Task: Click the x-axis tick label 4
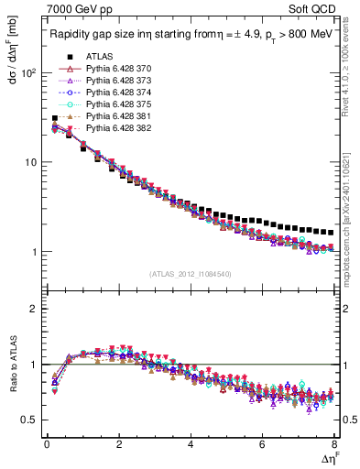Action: pyautogui.click(x=190, y=444)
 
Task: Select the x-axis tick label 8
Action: pyautogui.click(x=334, y=444)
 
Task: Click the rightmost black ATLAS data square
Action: pyautogui.click(x=330, y=233)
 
